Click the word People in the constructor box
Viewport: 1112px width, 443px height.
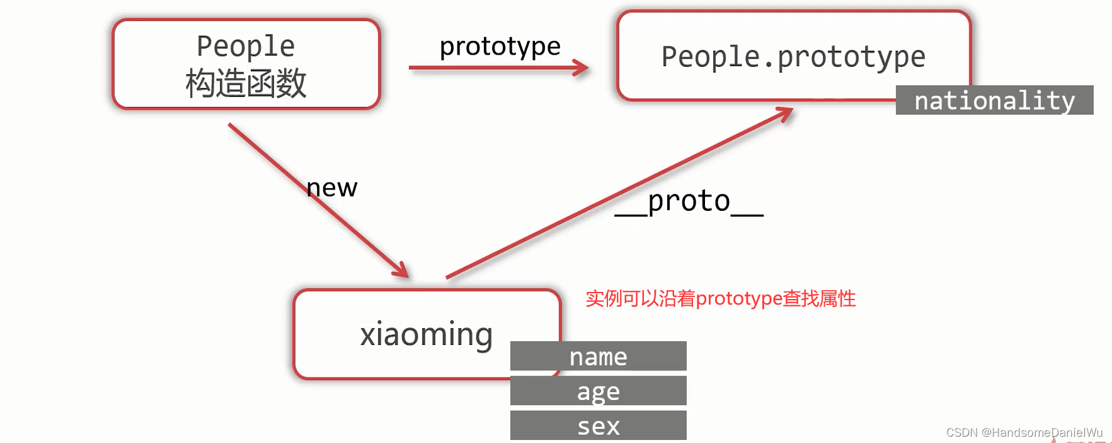click(x=246, y=47)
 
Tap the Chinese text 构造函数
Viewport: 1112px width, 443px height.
click(x=246, y=83)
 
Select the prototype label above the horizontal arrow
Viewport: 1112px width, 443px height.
click(x=500, y=47)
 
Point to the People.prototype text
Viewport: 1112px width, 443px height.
click(x=793, y=57)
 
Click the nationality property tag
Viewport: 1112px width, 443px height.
click(x=994, y=101)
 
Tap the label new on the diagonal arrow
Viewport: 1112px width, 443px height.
click(x=332, y=188)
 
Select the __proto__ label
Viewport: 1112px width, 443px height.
click(x=689, y=201)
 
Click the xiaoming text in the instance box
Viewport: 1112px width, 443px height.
click(x=427, y=334)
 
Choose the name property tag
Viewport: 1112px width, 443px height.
click(x=598, y=357)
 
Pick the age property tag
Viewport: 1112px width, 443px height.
click(x=598, y=391)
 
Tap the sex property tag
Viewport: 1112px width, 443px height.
click(x=598, y=426)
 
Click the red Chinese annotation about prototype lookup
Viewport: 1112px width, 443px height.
click(x=720, y=298)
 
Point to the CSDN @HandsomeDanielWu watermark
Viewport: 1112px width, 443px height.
click(x=1024, y=432)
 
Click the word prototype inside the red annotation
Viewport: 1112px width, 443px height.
click(x=738, y=298)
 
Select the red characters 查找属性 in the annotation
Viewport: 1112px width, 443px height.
click(x=819, y=298)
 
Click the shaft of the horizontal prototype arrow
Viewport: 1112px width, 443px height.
click(x=491, y=67)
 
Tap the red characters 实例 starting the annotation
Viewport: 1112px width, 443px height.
click(x=604, y=298)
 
